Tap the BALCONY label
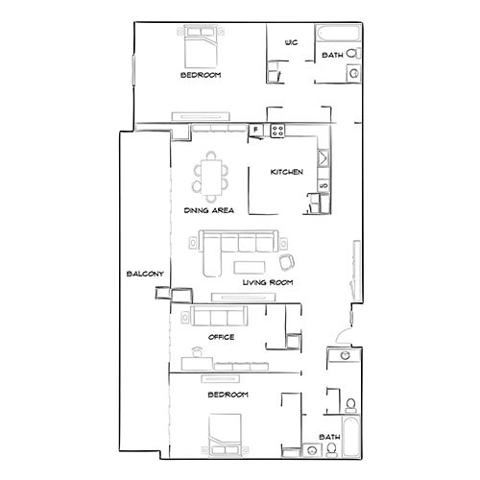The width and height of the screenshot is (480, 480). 144,275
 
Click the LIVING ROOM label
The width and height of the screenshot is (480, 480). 267,282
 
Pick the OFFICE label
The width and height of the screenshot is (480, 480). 222,337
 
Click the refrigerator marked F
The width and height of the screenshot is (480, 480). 256,130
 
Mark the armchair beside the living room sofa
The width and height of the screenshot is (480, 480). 285,261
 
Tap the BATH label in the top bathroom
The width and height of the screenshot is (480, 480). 332,56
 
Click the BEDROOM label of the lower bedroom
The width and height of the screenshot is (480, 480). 228,395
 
